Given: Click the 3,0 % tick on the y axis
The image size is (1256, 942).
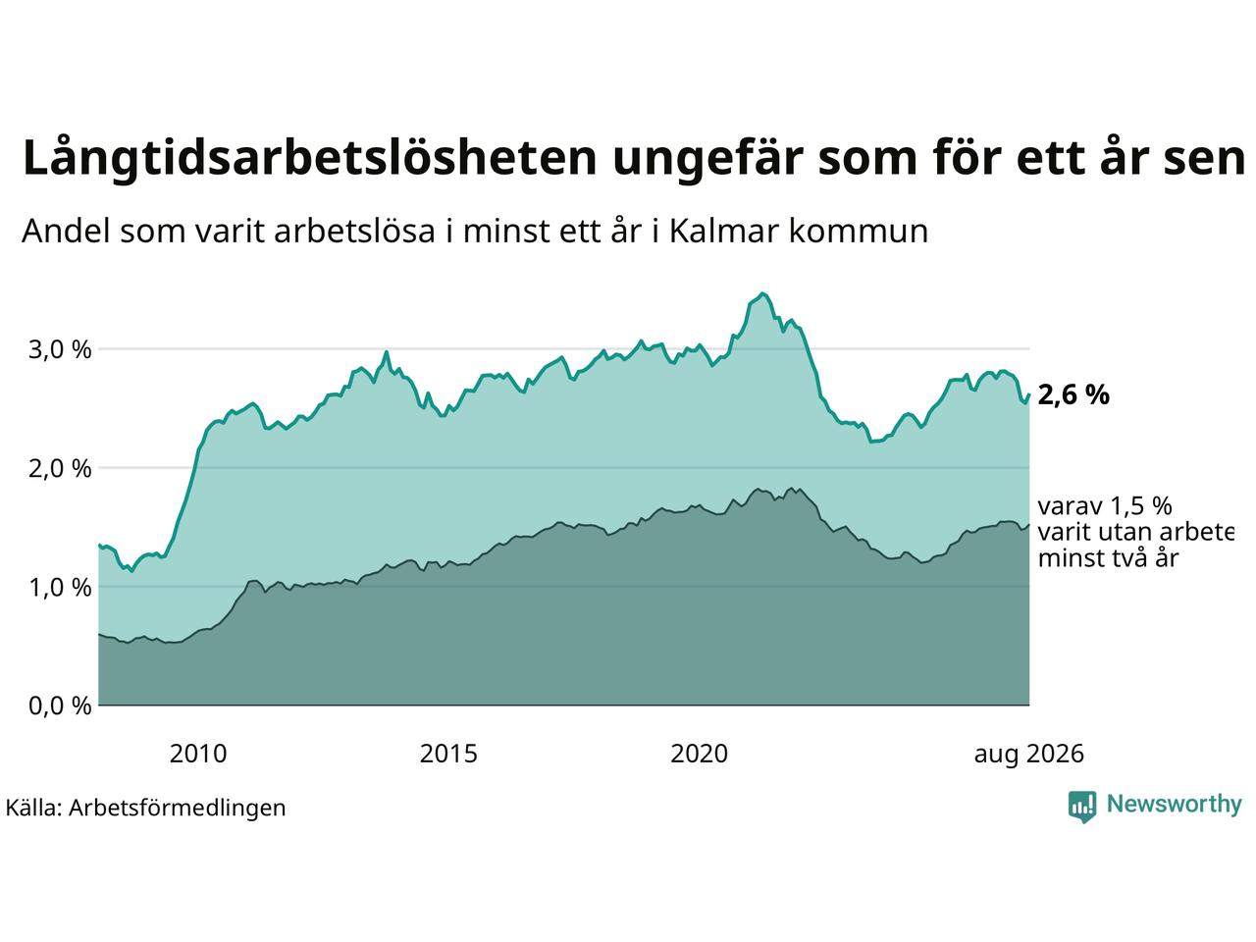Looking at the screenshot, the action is [60, 349].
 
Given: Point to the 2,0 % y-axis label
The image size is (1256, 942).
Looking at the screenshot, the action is [60, 468].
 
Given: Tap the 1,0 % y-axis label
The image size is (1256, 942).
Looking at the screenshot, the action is [60, 588].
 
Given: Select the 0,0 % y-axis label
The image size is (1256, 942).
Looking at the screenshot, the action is [60, 706].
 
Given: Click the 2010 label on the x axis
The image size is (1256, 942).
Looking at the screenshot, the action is [198, 754].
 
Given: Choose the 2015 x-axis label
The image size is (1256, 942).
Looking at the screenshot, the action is [448, 754].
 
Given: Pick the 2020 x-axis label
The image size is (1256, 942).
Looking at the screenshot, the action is [699, 754].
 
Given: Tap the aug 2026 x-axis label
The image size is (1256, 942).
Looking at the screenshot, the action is [1028, 755].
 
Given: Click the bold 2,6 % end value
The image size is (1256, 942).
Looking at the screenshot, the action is [1073, 395].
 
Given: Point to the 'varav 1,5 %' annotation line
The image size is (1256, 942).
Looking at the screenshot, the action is [1105, 506].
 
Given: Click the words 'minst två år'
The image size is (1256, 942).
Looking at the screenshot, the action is [1109, 558].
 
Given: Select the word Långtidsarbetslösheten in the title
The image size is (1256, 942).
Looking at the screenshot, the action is [309, 157].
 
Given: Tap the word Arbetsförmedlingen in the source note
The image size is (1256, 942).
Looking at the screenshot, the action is [177, 809].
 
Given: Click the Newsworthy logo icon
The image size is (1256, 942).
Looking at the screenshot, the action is [1082, 807].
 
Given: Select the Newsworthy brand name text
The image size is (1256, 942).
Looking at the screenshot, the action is [1175, 805].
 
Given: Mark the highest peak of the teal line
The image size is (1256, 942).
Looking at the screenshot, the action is [761, 293].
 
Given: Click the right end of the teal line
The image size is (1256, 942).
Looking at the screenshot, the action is [1028, 394].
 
